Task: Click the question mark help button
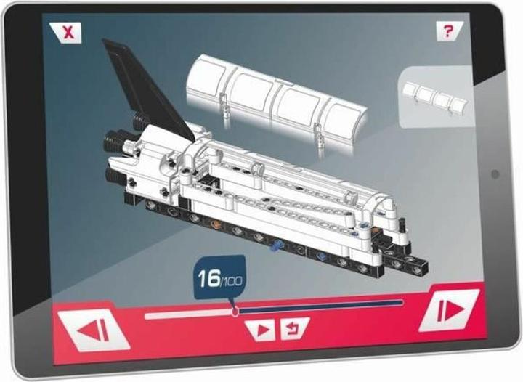coord(449,32)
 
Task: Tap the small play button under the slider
coord(261,330)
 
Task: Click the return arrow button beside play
coord(293,329)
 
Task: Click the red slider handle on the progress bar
coord(235,311)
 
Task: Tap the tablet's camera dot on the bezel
coord(495,175)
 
